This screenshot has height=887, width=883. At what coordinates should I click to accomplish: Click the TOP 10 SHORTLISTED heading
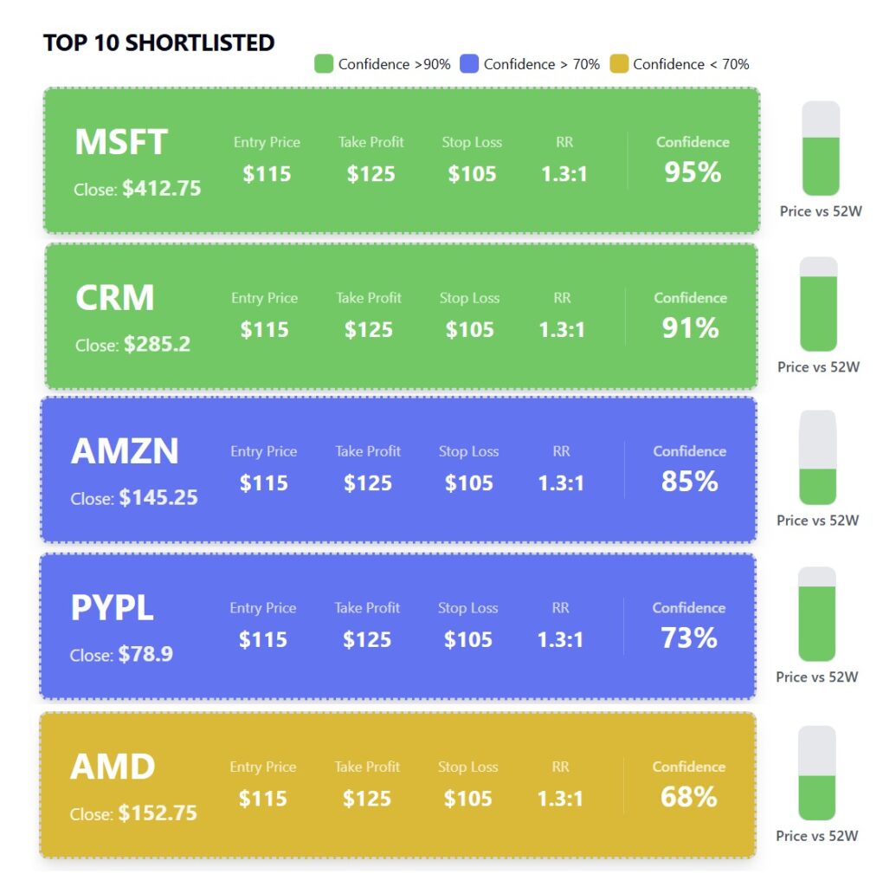coord(158,42)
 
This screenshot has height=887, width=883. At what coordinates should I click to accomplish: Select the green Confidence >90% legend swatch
coord(324,64)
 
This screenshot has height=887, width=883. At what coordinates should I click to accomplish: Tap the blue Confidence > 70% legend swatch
coord(469,64)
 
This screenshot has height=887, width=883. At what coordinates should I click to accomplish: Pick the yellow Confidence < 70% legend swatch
coord(618,64)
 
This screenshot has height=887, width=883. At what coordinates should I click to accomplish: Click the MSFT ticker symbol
coord(120,143)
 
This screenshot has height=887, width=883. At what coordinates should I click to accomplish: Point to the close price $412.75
coord(161,189)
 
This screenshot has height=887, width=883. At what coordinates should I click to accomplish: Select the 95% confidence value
coord(693,172)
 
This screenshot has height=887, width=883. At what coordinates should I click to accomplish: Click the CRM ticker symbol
coord(114,299)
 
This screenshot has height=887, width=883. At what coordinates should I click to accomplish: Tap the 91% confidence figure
coord(690,328)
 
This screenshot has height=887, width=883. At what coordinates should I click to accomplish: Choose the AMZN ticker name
coord(125,452)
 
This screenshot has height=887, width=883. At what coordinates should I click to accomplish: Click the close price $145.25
coord(158,498)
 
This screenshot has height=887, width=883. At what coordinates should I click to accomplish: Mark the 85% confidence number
coord(689,482)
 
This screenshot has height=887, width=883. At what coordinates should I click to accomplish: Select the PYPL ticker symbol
coord(112,609)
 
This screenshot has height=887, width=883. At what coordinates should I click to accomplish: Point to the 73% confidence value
coord(688,638)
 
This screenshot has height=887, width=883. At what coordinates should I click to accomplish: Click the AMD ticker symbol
coord(113,767)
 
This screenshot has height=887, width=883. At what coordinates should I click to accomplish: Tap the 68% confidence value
coord(688,797)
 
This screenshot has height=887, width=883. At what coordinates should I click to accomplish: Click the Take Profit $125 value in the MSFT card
coord(371,174)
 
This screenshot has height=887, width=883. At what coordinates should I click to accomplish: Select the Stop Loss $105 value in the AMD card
coord(467,799)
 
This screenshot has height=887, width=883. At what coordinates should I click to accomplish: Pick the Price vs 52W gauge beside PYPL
coord(816,614)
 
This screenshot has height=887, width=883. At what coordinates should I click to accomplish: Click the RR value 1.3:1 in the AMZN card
coord(561,483)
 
